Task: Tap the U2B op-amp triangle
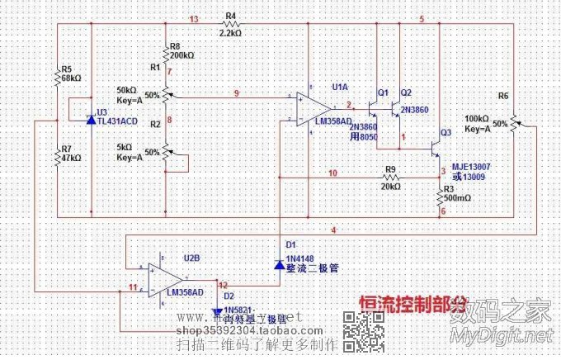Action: (166, 281)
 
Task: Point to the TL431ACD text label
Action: (116, 119)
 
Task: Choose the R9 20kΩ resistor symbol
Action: (389, 177)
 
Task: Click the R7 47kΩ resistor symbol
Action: (57, 157)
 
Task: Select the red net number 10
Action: (332, 173)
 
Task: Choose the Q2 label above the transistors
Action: (405, 92)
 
